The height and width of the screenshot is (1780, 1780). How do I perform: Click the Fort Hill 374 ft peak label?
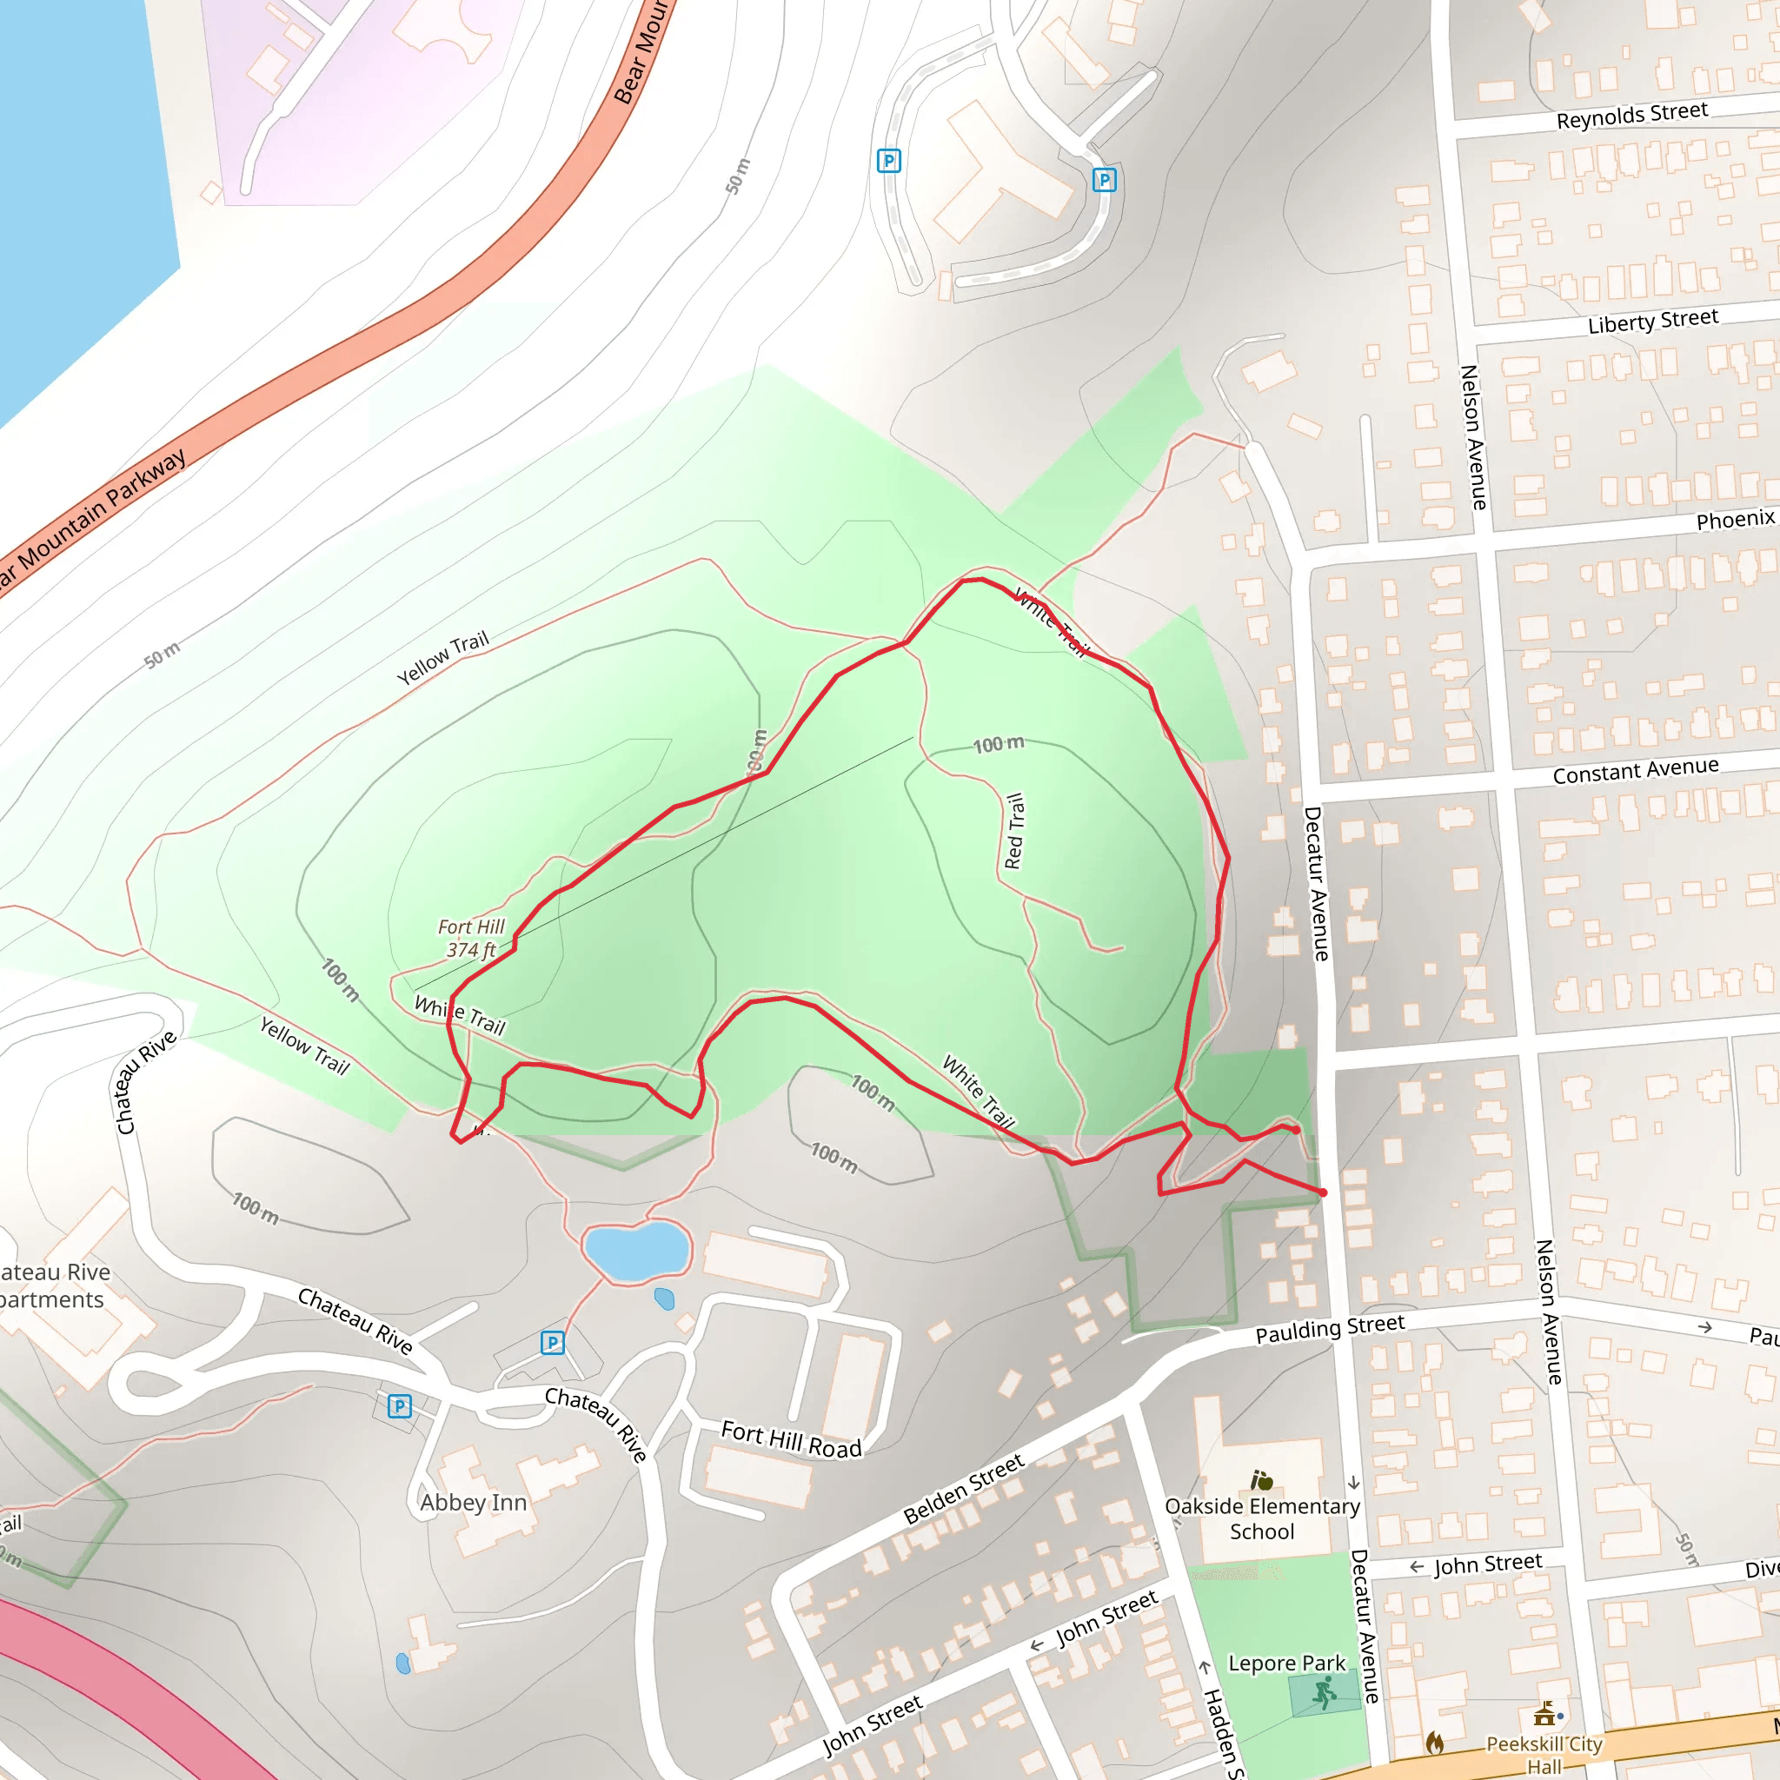pos(471,938)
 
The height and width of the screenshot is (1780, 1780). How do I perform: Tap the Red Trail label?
pos(1014,831)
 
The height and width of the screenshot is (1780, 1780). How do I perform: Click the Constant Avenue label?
pos(1636,770)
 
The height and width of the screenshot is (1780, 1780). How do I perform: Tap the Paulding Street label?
pos(1330,1328)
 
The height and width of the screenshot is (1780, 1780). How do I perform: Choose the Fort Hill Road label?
pos(791,1439)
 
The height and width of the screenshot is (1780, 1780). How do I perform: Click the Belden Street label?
pos(963,1489)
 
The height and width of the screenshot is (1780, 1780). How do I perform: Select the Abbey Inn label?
pos(474,1503)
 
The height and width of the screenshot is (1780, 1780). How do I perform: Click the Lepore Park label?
pos(1286,1663)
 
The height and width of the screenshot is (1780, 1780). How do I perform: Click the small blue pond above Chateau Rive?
pos(635,1250)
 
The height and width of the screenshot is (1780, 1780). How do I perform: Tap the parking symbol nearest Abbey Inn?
pos(399,1406)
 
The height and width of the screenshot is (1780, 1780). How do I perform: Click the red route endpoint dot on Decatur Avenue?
pos(1323,1192)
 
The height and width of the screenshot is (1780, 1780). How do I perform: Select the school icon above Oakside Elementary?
pos(1261,1479)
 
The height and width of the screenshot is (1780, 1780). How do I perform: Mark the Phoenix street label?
pos(1735,520)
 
